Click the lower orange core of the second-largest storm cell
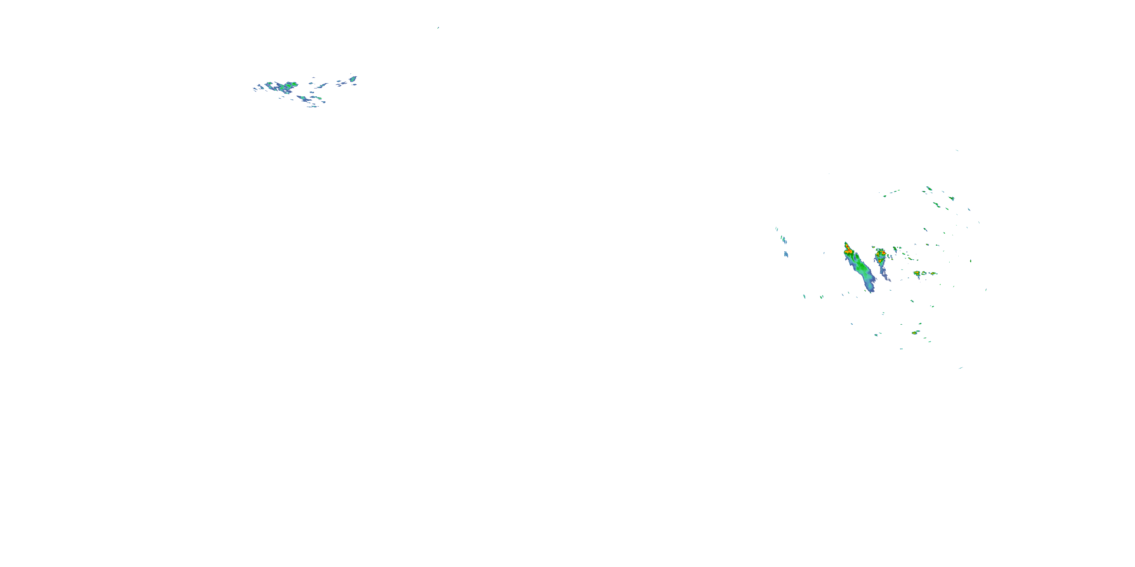[880, 261]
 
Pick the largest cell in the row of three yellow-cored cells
[917, 273]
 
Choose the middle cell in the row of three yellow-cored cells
[924, 273]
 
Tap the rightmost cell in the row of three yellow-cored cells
[932, 273]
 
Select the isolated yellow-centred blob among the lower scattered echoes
[915, 332]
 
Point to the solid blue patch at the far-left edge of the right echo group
[786, 254]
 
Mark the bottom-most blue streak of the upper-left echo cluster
[313, 106]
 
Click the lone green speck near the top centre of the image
[438, 27]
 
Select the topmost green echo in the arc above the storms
[928, 188]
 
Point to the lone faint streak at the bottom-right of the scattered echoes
[961, 367]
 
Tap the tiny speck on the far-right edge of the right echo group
[986, 290]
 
